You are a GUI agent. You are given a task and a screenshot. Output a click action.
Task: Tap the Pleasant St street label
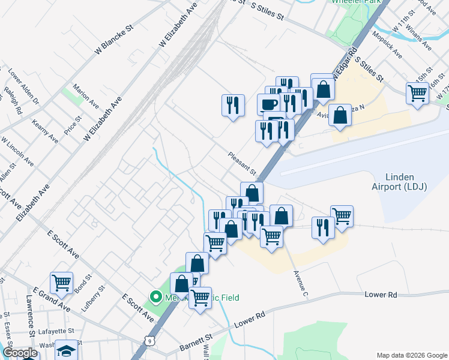[x=242, y=164]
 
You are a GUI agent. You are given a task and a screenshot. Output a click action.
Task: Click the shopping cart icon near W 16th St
[x=417, y=93]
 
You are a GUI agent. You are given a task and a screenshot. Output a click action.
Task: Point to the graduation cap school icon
[x=66, y=350]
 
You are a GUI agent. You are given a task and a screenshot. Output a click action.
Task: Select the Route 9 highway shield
[x=148, y=341]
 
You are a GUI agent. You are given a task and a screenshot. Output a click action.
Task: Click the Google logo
[x=20, y=353]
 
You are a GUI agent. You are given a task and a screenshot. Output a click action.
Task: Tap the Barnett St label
[x=196, y=344]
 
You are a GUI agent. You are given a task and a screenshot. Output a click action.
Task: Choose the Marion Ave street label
[x=86, y=96]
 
